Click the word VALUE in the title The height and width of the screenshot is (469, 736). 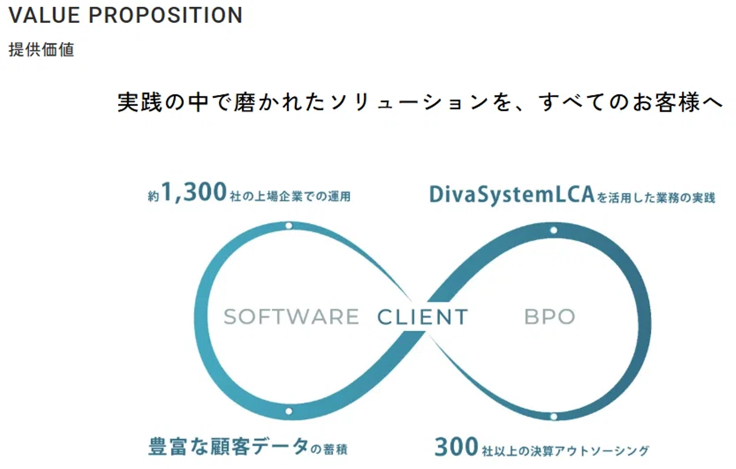(x=44, y=15)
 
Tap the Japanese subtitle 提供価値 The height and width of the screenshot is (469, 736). (x=41, y=50)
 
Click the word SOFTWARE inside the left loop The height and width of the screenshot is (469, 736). (x=291, y=317)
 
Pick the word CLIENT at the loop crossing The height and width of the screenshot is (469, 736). (x=423, y=317)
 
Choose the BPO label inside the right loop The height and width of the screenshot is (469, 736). (x=549, y=317)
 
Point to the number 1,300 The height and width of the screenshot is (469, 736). (x=194, y=192)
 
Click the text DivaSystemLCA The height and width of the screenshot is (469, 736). (x=512, y=195)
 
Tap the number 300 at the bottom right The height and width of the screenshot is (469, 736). (x=456, y=447)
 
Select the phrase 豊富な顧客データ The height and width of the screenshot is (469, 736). (x=228, y=447)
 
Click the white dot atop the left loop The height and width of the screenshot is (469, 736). (x=289, y=226)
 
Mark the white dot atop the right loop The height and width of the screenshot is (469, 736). (x=554, y=230)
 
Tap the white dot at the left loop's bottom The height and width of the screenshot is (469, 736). (x=289, y=411)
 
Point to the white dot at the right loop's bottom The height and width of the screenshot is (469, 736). (x=554, y=417)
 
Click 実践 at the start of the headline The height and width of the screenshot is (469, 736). (x=140, y=103)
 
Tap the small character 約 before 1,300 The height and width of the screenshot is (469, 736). (x=153, y=196)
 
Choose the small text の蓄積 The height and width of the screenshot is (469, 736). (x=329, y=449)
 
